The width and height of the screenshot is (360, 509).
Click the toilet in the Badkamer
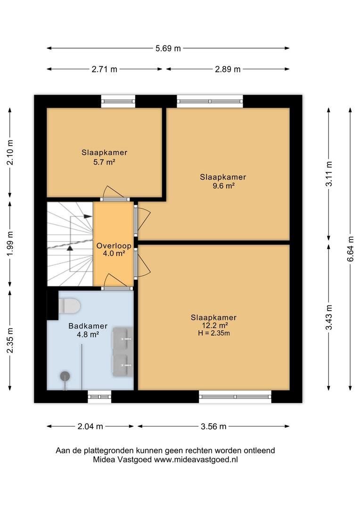[69, 306]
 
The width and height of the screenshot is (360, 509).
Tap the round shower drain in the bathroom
[65, 376]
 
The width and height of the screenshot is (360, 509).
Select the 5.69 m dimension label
[168, 49]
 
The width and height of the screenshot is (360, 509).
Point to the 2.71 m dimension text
[104, 69]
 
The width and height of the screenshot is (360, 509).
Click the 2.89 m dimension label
[228, 69]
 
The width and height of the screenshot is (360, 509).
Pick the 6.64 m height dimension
[351, 249]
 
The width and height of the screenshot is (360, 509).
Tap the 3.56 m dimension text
[213, 426]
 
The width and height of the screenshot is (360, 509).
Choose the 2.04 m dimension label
[90, 426]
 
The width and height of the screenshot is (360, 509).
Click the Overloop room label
[114, 246]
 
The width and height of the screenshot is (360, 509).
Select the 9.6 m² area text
[223, 186]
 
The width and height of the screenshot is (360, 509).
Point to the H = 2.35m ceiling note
[214, 333]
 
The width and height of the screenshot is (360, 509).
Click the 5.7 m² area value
[104, 161]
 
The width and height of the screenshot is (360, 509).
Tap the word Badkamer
[88, 326]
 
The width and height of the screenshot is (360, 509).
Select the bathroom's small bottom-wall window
[99, 396]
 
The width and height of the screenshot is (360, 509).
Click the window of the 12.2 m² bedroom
[235, 396]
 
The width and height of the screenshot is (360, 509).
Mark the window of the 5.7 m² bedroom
[118, 101]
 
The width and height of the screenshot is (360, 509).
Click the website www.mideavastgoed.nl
[196, 460]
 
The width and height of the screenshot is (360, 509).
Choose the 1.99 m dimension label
[10, 244]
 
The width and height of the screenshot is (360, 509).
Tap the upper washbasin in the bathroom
[123, 338]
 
